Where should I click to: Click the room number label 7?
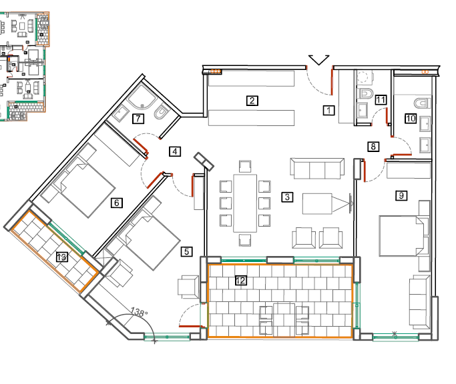tap(138, 119)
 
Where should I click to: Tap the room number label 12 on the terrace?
tap(241, 280)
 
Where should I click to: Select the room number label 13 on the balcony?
tap(61, 257)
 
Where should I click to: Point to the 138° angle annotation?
tap(139, 312)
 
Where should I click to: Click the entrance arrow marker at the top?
tap(318, 60)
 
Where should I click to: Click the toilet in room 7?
tap(162, 113)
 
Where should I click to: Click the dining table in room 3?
tap(245, 203)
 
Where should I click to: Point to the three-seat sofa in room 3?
tap(317, 169)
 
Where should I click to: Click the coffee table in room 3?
tap(317, 203)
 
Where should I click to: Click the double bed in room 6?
tap(83, 187)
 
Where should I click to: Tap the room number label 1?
tap(328, 111)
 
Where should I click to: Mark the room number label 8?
tap(373, 147)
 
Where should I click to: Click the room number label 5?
tap(186, 251)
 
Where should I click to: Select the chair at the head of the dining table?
tap(245, 167)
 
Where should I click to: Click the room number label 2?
tap(252, 101)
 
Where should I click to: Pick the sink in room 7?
tap(121, 113)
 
